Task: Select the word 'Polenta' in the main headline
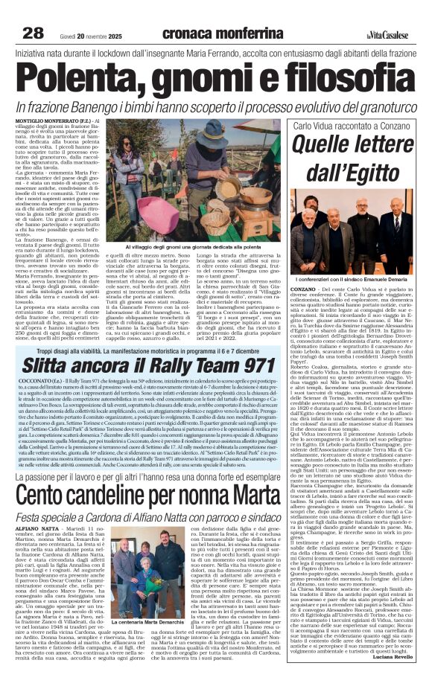tap(72, 76)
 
